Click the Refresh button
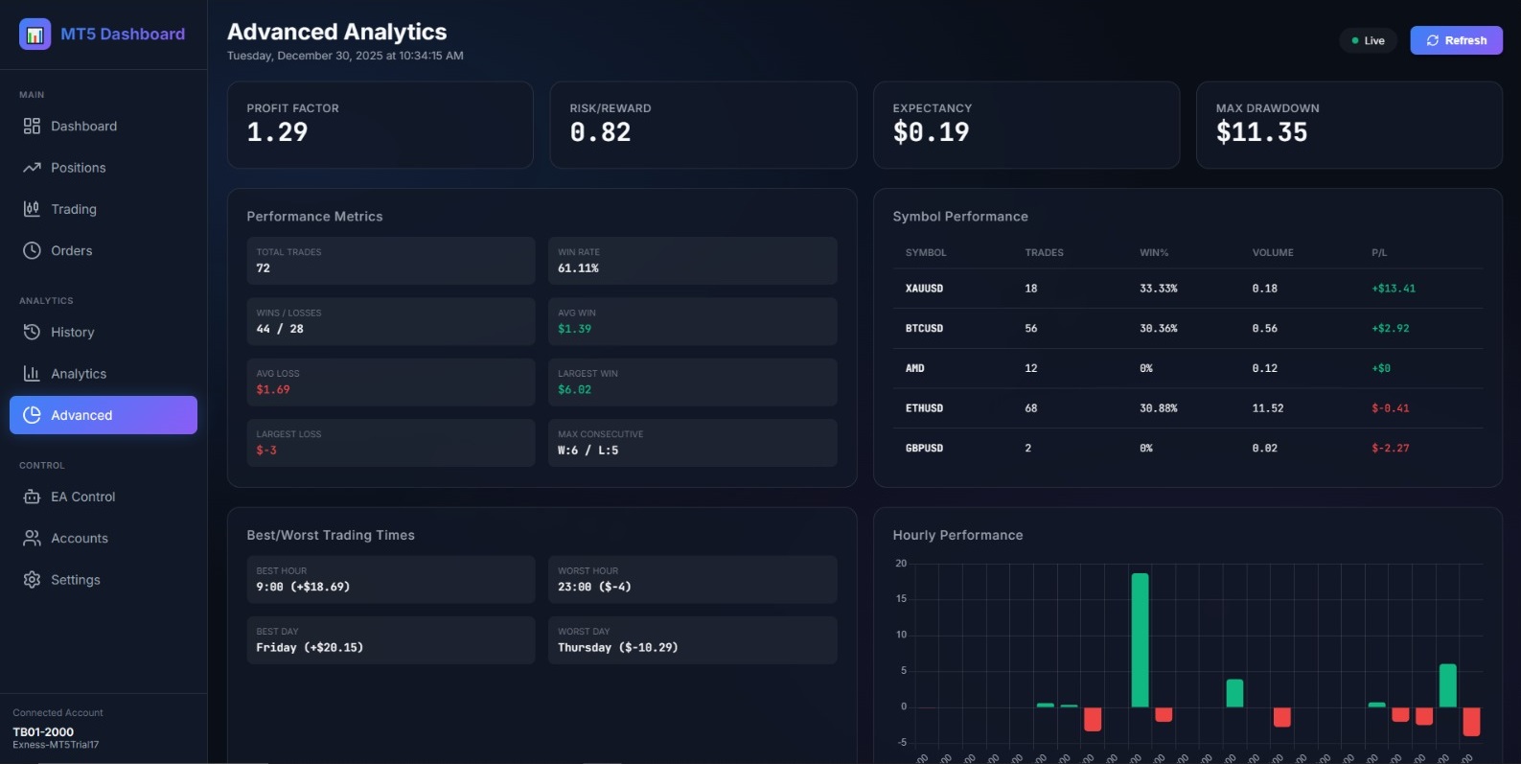pyautogui.click(x=1456, y=40)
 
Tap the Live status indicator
pyautogui.click(x=1368, y=40)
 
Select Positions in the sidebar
pyautogui.click(x=78, y=168)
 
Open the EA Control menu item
pyautogui.click(x=82, y=497)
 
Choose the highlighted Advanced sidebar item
pyautogui.click(x=103, y=415)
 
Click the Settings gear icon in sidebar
pyautogui.click(x=32, y=580)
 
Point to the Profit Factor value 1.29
pyautogui.click(x=277, y=132)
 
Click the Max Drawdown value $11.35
pyautogui.click(x=1261, y=132)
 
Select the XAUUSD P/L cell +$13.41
pyautogui.click(x=1393, y=289)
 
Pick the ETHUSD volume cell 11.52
pyautogui.click(x=1267, y=408)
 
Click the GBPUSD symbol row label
pyautogui.click(x=924, y=449)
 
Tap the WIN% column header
pyautogui.click(x=1154, y=253)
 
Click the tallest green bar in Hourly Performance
pyautogui.click(x=1140, y=639)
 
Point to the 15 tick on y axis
pyautogui.click(x=901, y=598)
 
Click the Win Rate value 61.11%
pyautogui.click(x=578, y=268)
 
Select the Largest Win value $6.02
pyautogui.click(x=574, y=390)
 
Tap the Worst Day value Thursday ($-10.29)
pyautogui.click(x=617, y=648)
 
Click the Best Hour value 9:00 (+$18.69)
pyautogui.click(x=303, y=587)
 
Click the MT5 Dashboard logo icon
pyautogui.click(x=35, y=35)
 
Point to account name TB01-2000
pyautogui.click(x=43, y=731)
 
